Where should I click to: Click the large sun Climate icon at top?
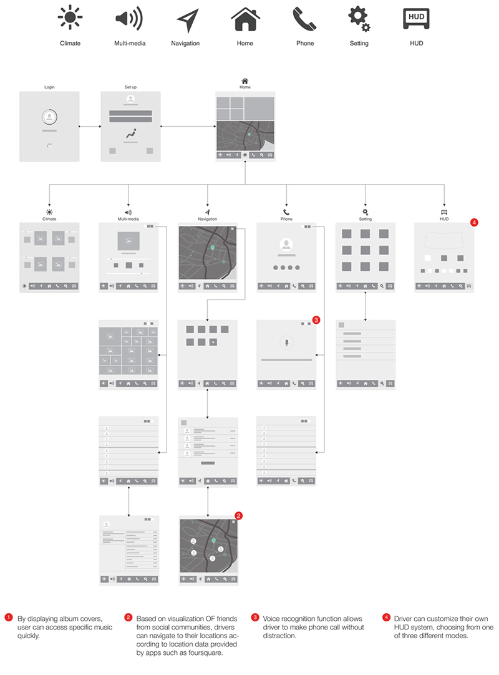pyautogui.click(x=70, y=18)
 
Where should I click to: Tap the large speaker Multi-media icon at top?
pyautogui.click(x=128, y=18)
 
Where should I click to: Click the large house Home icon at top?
pyautogui.click(x=245, y=18)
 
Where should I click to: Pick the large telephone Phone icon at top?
pyautogui.click(x=304, y=18)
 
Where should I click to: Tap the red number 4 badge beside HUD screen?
pyautogui.click(x=474, y=222)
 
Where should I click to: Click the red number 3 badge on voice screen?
pyautogui.click(x=316, y=320)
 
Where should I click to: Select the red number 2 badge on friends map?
pyautogui.click(x=238, y=515)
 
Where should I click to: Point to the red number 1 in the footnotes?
pyautogui.click(x=8, y=617)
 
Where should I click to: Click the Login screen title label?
pyautogui.click(x=49, y=87)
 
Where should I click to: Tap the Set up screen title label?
pyautogui.click(x=130, y=87)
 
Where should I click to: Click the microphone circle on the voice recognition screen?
pyautogui.click(x=286, y=342)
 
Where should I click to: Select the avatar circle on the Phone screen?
pyautogui.click(x=286, y=245)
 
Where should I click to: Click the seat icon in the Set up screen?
pyautogui.click(x=130, y=134)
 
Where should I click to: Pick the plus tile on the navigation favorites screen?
pyautogui.click(x=213, y=342)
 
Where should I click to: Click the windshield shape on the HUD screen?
pyautogui.click(x=444, y=240)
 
